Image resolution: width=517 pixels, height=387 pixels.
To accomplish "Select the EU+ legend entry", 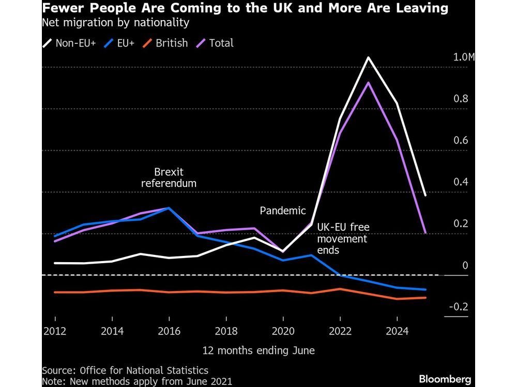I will [120, 43].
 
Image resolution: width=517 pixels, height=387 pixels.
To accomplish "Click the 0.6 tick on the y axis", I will [461, 141].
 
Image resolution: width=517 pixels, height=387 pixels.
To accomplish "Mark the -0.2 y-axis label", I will [458, 307].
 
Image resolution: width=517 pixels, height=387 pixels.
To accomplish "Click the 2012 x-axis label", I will [55, 331].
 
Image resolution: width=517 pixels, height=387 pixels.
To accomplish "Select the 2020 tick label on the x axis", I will [282, 331].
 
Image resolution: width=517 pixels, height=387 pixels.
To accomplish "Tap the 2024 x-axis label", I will [396, 331].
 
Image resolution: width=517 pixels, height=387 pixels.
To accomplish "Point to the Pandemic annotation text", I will [283, 211].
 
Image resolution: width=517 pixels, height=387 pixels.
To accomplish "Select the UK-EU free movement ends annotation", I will [342, 238].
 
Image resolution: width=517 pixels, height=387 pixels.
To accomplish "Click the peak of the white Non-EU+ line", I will [368, 57].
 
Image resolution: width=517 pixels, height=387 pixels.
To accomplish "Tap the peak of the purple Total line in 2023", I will [368, 83].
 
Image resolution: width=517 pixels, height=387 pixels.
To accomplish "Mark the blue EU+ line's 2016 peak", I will [169, 208].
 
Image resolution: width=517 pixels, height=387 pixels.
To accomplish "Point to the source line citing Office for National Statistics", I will [125, 370].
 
